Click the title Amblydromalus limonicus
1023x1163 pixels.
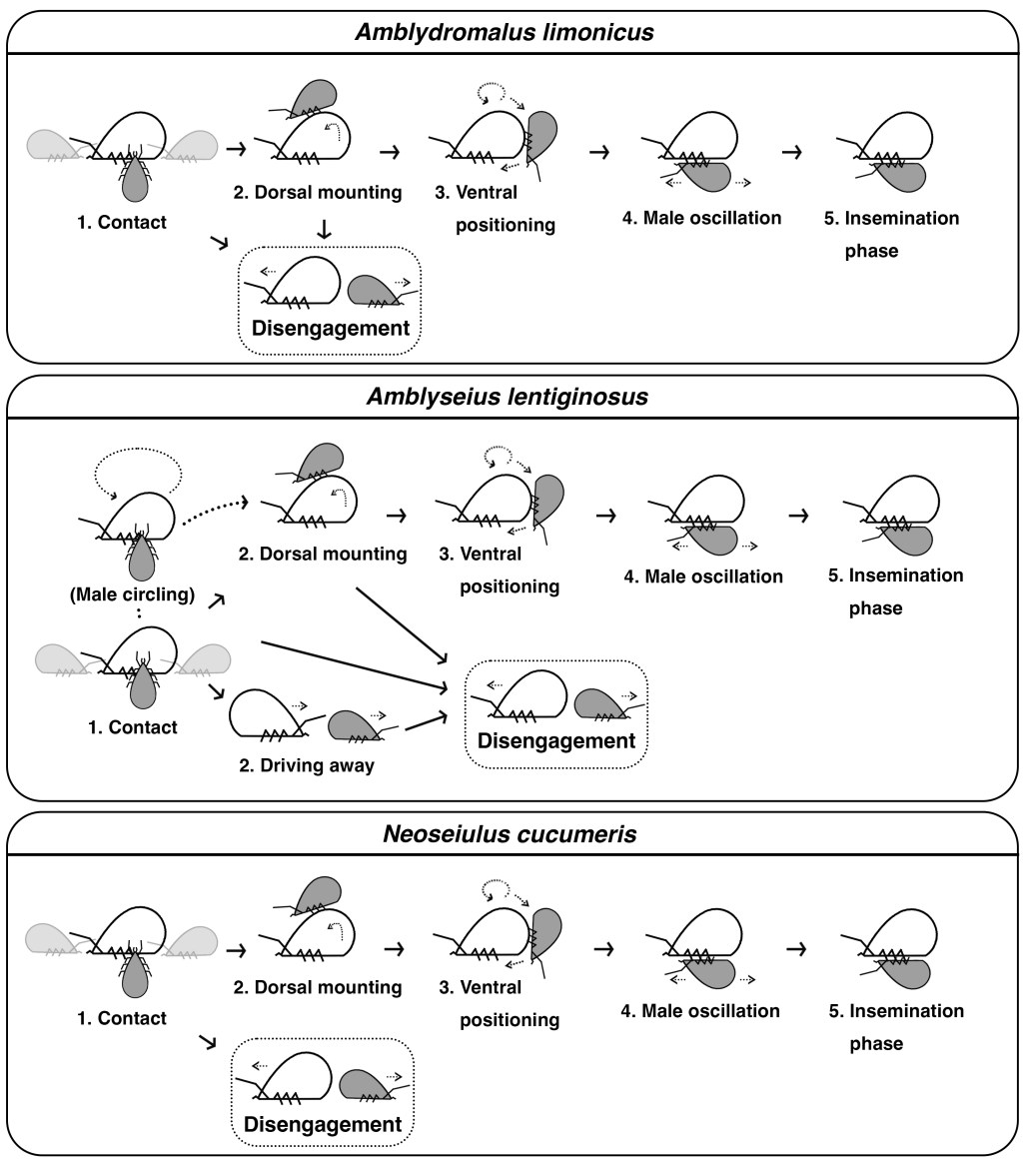(504, 32)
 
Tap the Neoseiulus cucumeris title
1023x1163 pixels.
(510, 834)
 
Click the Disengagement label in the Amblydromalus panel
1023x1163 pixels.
(331, 328)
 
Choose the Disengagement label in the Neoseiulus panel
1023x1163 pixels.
(323, 1124)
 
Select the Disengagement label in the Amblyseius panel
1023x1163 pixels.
(556, 740)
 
